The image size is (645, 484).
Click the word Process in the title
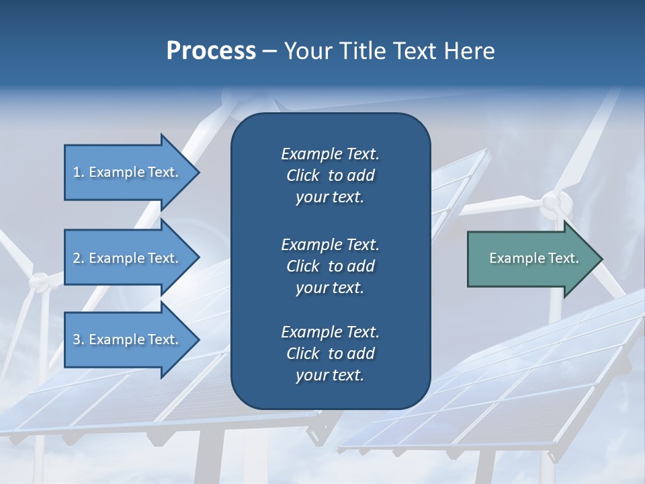click(x=211, y=51)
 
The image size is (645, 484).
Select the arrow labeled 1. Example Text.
click(x=128, y=172)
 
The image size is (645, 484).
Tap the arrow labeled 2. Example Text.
click(x=128, y=258)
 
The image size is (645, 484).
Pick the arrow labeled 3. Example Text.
click(x=128, y=339)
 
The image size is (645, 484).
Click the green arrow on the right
click(x=531, y=258)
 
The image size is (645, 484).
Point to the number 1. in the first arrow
click(x=79, y=172)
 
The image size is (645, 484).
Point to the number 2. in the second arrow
click(x=79, y=258)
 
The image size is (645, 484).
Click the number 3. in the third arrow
click(x=79, y=339)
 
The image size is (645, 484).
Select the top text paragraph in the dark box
click(x=330, y=175)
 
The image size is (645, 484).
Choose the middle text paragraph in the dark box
click(x=330, y=266)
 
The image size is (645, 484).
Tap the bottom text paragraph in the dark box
click(x=330, y=354)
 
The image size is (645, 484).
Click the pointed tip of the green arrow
click(x=601, y=259)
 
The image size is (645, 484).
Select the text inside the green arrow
click(x=534, y=258)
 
